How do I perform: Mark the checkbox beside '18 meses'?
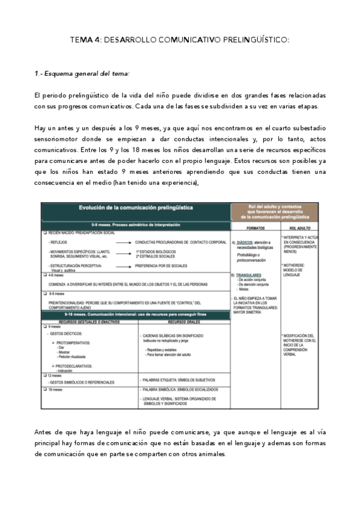coord(44,390)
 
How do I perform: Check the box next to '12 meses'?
coord(44,375)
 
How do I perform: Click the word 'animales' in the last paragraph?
coord(211,454)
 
